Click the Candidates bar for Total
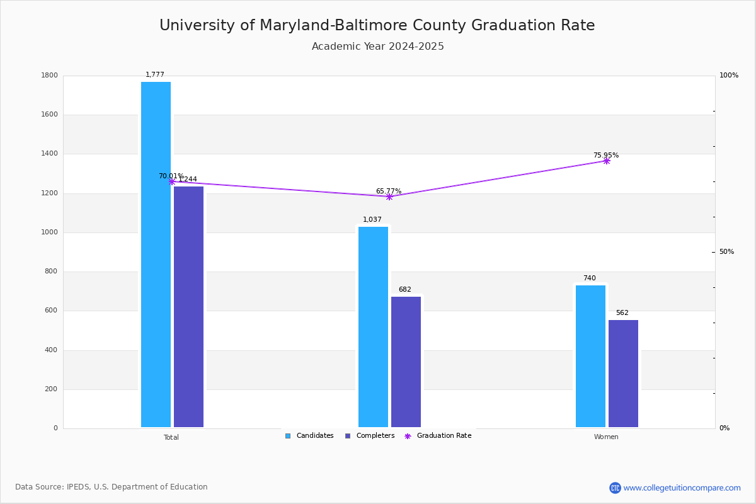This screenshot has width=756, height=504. click(156, 255)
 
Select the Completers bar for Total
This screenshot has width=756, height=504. click(188, 307)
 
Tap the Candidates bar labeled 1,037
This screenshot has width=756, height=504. click(373, 327)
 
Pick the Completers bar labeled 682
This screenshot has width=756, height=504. click(406, 362)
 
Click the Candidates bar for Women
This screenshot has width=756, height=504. click(590, 356)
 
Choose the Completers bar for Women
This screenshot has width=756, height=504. click(623, 374)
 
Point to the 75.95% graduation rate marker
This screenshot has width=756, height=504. click(606, 161)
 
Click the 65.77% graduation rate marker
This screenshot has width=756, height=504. click(389, 197)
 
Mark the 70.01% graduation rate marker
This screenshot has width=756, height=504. click(171, 181)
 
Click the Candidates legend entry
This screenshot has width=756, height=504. click(309, 436)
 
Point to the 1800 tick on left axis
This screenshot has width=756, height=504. click(50, 76)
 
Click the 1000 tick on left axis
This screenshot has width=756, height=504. click(50, 232)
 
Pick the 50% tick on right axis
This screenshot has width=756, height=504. click(726, 252)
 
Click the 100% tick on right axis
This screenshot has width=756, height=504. click(728, 76)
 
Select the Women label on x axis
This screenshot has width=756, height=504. click(606, 437)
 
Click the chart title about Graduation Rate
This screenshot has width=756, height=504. click(377, 25)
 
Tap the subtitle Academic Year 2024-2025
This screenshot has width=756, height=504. click(377, 47)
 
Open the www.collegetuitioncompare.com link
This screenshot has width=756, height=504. click(682, 488)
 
